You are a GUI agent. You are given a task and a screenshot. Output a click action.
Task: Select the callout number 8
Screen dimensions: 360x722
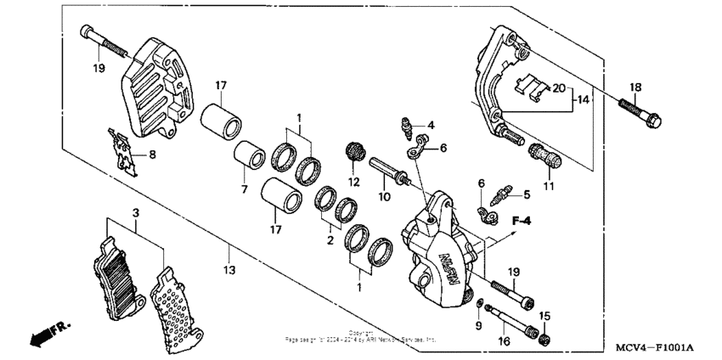point(152,155)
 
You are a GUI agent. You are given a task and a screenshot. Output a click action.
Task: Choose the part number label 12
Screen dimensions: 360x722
point(354,182)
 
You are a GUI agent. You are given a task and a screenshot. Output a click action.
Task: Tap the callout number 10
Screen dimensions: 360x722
point(382,197)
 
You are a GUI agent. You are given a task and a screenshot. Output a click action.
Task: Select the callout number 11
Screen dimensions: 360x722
point(548,184)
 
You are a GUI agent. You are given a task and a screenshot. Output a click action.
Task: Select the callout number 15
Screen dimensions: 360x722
point(546,316)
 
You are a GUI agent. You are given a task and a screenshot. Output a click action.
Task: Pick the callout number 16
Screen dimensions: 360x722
point(503,340)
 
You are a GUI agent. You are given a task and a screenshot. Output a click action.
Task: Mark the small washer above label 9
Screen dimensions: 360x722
point(482,305)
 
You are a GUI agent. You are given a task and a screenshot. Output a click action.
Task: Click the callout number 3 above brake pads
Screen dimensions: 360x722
point(134,211)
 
